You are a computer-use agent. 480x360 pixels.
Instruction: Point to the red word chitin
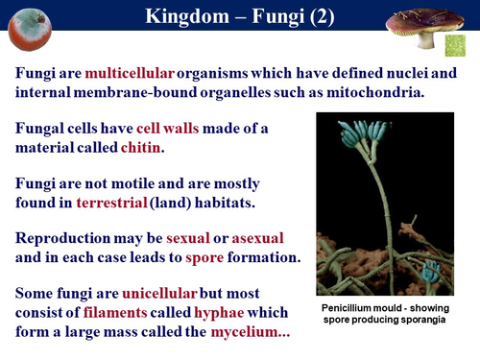pos(140,148)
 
